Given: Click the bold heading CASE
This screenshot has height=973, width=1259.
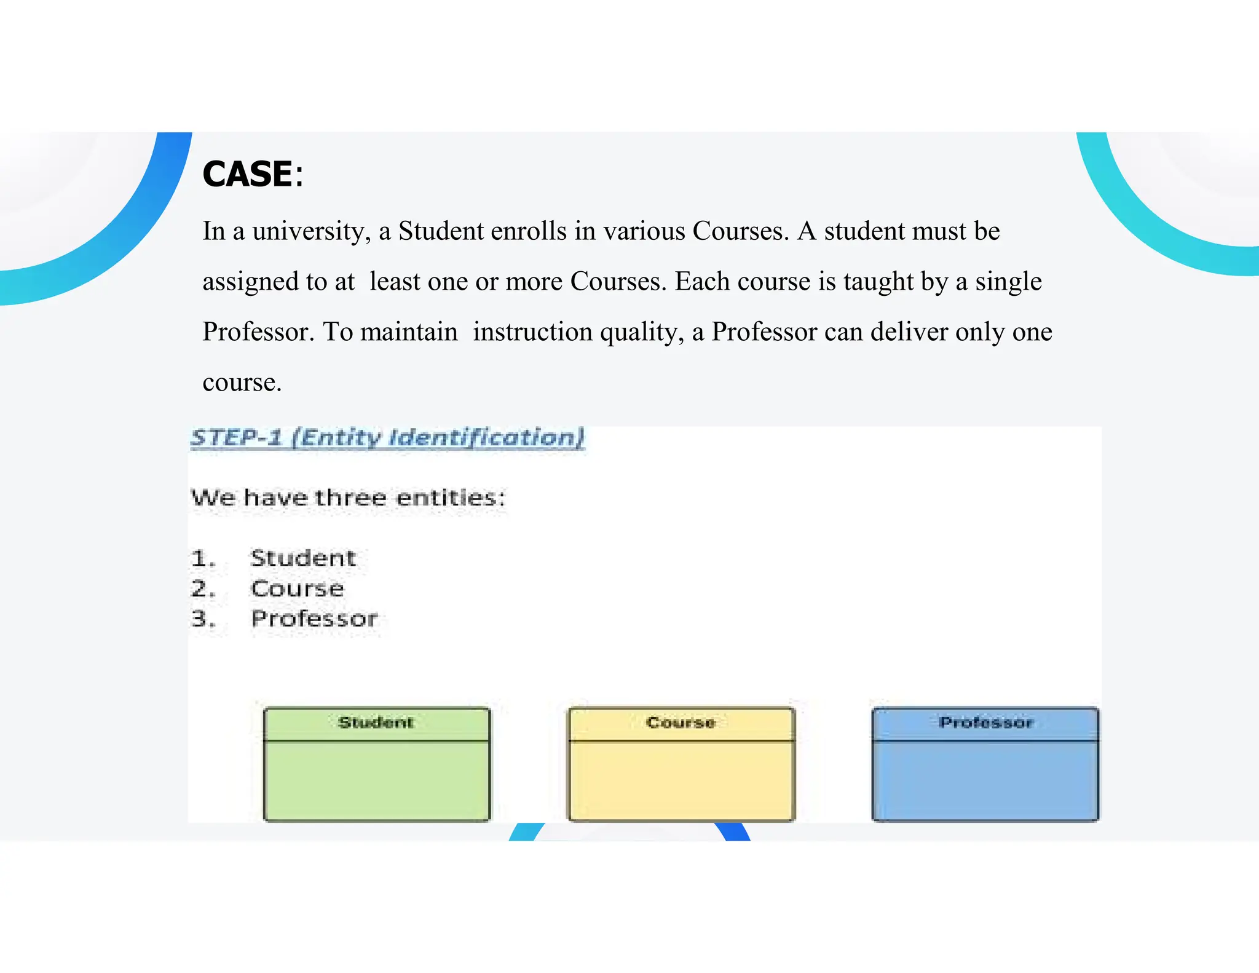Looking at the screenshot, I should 248,174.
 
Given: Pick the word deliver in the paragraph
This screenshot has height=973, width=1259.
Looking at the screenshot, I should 909,333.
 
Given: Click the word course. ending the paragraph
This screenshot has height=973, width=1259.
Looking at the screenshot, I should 242,383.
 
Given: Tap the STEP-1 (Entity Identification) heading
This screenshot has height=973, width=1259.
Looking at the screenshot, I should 387,438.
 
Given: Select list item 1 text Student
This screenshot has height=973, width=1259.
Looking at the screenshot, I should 303,558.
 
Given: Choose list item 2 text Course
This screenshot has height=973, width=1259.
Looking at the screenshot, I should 298,589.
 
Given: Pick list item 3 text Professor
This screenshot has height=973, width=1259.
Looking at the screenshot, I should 314,619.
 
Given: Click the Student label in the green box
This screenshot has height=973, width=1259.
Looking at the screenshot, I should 376,723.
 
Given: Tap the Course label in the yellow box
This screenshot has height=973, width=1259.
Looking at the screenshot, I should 681,723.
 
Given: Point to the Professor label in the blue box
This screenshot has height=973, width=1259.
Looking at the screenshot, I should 986,723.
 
